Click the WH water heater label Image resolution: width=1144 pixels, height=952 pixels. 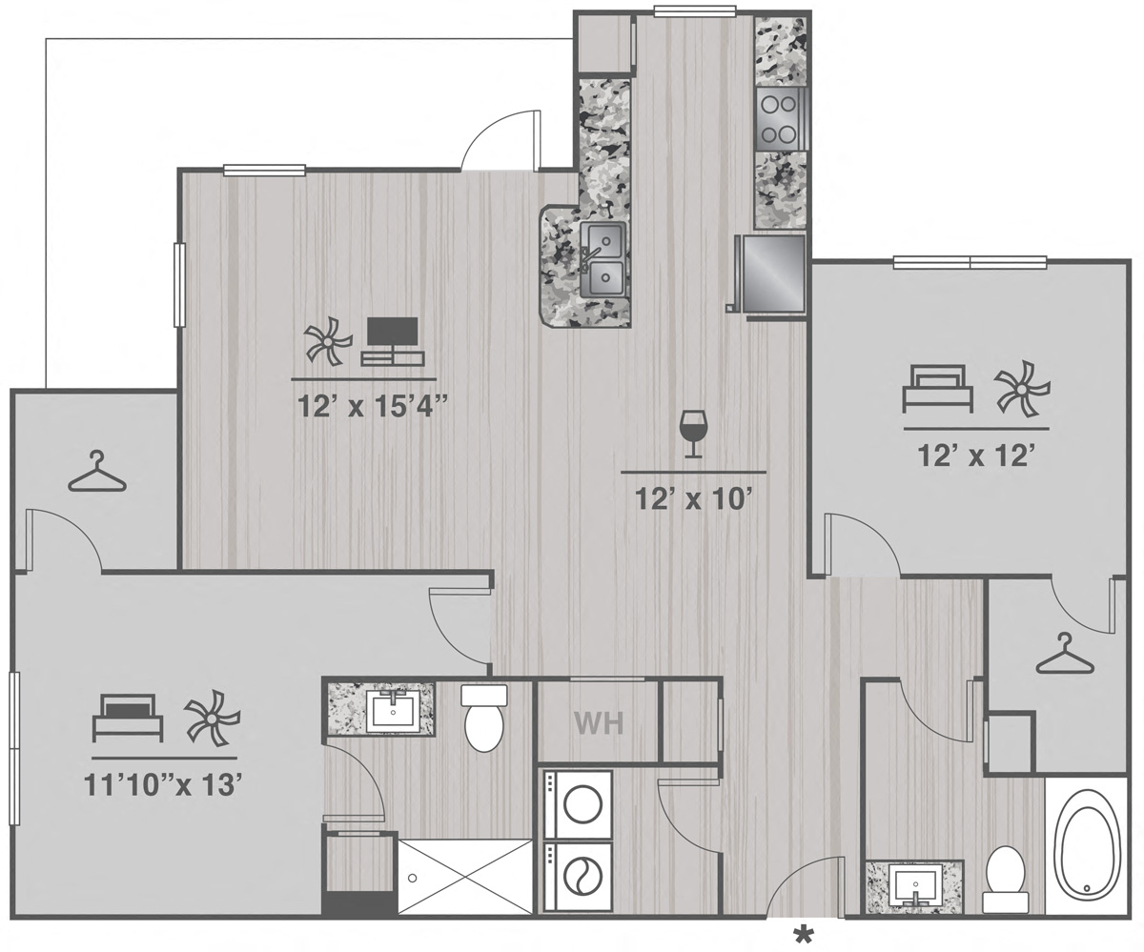click(599, 723)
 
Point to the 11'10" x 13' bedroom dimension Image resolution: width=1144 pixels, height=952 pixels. click(163, 785)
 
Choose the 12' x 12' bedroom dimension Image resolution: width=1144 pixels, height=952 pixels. click(976, 456)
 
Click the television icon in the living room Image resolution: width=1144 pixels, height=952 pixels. click(392, 341)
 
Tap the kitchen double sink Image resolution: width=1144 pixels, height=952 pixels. click(603, 259)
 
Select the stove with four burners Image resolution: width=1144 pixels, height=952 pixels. click(782, 119)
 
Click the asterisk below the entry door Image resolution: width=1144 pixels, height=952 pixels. click(804, 935)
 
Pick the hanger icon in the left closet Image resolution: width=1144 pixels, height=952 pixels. click(97, 471)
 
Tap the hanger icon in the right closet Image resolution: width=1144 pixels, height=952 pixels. click(1065, 654)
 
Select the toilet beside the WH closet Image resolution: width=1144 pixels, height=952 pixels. click(483, 718)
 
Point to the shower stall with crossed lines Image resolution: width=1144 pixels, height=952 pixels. click(465, 878)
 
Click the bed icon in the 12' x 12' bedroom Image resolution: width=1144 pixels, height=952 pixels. click(938, 389)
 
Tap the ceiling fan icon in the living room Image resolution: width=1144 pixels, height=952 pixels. click(328, 341)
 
